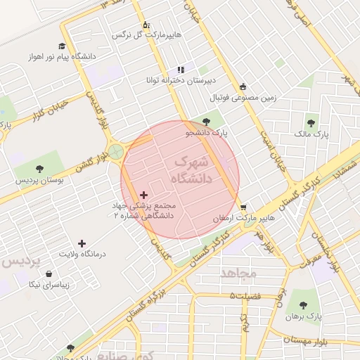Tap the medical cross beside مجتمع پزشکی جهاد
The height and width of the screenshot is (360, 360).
(144, 195)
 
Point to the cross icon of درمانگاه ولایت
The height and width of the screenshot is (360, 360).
(82, 243)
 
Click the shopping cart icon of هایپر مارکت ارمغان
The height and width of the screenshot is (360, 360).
(243, 207)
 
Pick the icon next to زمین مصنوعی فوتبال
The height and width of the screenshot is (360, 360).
(243, 86)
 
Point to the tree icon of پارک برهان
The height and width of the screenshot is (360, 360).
(303, 305)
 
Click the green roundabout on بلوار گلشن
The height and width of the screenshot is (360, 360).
(117, 152)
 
